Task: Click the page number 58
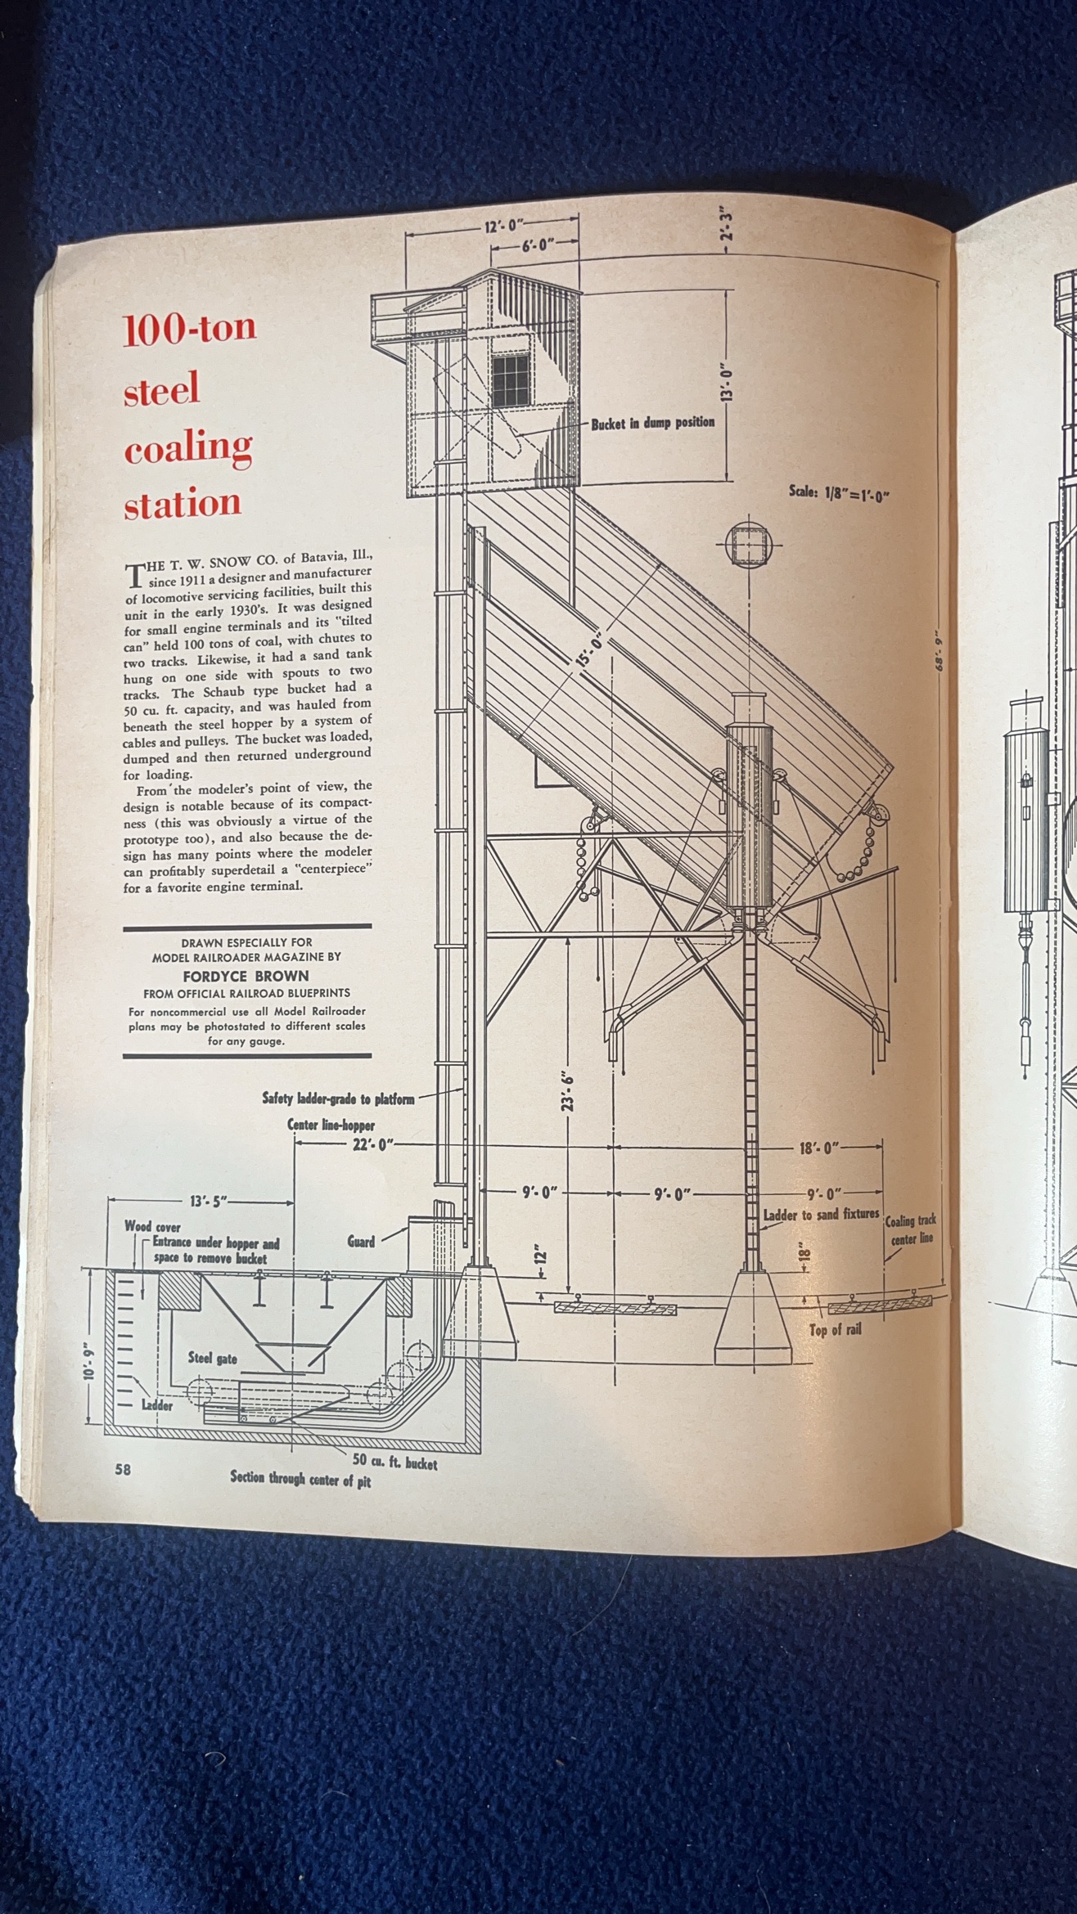click(123, 1469)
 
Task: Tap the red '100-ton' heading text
click(190, 328)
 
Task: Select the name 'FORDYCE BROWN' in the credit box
click(246, 976)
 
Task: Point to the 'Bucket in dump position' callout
click(652, 423)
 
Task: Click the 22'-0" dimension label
click(372, 1145)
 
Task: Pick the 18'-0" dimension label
click(819, 1148)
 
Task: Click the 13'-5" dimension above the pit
click(208, 1202)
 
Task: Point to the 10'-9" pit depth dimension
click(88, 1357)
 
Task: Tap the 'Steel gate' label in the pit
click(213, 1359)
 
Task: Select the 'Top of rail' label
click(835, 1330)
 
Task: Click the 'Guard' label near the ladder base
click(361, 1241)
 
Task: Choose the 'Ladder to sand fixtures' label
click(821, 1215)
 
